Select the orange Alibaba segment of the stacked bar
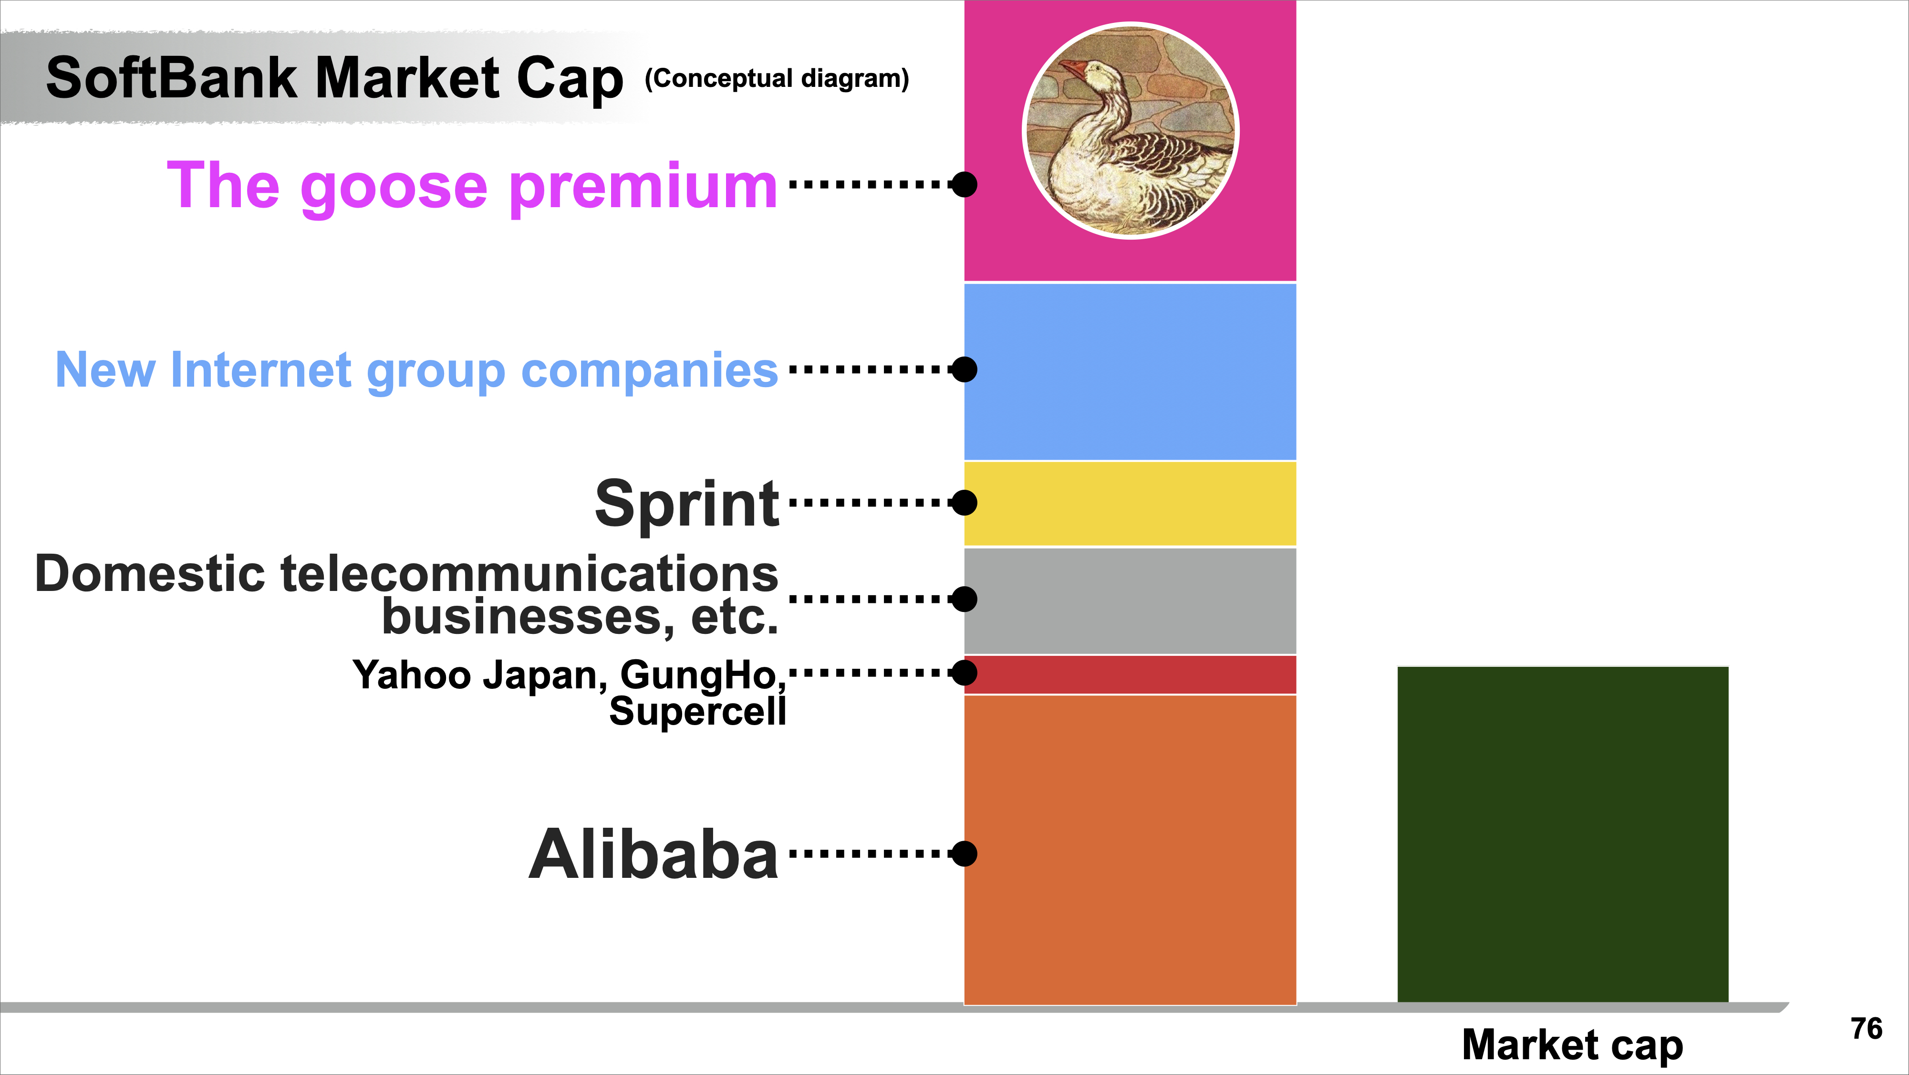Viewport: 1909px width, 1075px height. pos(1130,850)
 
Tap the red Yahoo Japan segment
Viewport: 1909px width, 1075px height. pos(1130,675)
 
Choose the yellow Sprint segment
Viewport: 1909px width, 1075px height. pos(1130,504)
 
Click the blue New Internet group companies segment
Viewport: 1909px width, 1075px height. pos(1130,371)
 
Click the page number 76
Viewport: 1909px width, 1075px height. pos(1866,1029)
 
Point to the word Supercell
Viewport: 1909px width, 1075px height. pos(697,711)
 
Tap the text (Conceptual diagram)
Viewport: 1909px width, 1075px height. pos(777,79)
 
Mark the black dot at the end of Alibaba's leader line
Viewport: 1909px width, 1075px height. pos(964,854)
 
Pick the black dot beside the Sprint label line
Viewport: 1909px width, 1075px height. pos(964,503)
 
